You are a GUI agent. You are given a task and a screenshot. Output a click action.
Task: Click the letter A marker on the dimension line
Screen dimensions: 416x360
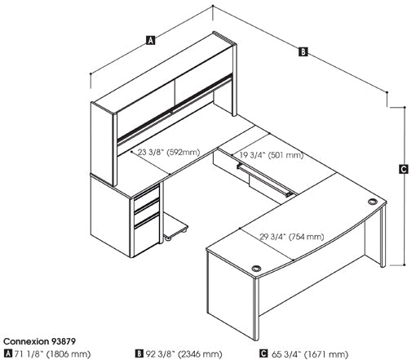click(150, 40)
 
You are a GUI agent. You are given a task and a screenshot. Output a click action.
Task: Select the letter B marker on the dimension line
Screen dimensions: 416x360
click(303, 51)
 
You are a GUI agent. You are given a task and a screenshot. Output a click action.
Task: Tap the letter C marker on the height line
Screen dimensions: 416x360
click(404, 169)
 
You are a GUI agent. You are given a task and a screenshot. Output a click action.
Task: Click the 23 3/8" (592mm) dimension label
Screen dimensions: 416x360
click(169, 152)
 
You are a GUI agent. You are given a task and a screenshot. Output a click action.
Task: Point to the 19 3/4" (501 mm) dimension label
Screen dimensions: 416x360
click(271, 155)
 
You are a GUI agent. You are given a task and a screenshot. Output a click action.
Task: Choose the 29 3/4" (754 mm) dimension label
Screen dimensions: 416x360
click(292, 237)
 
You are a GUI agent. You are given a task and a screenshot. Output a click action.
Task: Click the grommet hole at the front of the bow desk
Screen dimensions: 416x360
click(256, 269)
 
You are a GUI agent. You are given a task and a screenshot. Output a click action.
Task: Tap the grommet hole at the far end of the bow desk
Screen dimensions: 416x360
click(373, 202)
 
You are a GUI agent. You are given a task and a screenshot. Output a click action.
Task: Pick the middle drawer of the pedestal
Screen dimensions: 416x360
click(146, 212)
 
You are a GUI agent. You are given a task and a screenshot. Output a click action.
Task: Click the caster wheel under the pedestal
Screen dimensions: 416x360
click(168, 238)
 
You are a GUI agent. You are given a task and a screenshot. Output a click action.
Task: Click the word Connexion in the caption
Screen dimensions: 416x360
click(25, 341)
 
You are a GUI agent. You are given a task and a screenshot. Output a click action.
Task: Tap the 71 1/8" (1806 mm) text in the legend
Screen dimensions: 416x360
click(52, 354)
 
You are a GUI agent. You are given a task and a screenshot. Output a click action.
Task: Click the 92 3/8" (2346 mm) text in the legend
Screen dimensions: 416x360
click(184, 354)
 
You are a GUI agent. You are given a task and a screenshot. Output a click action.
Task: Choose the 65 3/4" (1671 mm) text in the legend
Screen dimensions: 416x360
click(310, 354)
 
